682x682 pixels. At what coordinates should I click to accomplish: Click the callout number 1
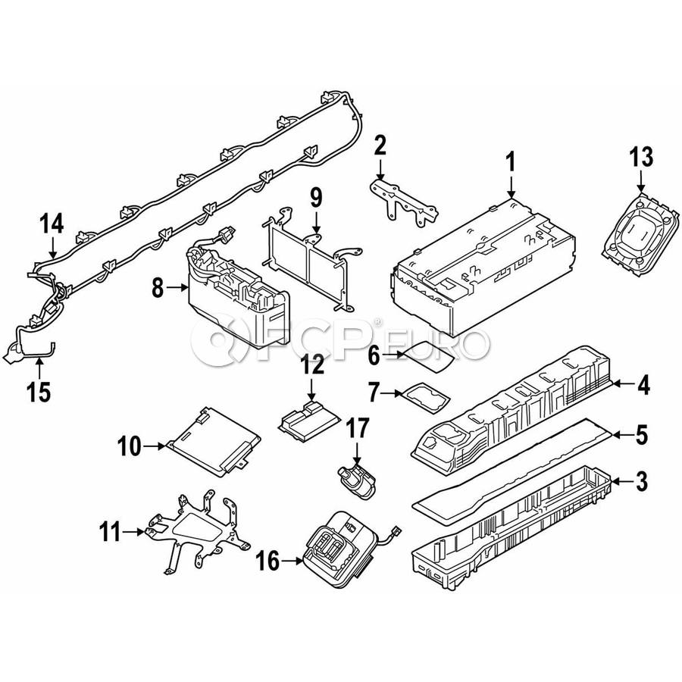(511, 162)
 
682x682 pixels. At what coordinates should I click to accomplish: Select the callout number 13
(640, 157)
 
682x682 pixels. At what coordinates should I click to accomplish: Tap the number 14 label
(52, 224)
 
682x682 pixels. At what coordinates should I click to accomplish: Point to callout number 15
(39, 393)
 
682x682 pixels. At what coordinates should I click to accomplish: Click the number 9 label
(316, 199)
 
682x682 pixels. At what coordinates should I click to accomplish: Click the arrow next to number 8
(177, 287)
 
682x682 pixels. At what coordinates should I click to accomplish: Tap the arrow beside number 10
(155, 446)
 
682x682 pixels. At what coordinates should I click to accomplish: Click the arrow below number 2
(380, 170)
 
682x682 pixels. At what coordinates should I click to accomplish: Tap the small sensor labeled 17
(357, 481)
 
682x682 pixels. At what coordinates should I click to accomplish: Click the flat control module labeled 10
(213, 442)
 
